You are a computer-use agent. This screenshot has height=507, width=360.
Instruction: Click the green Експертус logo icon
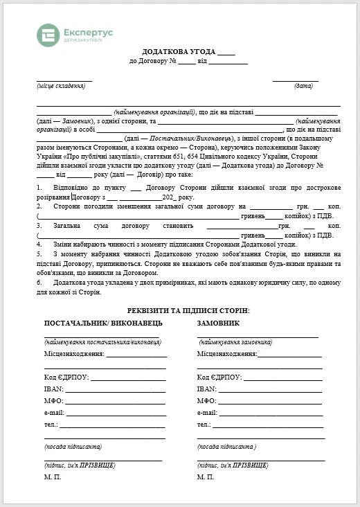[48, 35]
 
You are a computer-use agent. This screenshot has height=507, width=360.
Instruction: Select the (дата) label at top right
[303, 85]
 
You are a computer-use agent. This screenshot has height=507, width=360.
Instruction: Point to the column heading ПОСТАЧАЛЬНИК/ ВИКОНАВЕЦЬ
[103, 323]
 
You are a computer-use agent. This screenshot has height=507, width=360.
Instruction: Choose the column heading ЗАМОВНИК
[219, 323]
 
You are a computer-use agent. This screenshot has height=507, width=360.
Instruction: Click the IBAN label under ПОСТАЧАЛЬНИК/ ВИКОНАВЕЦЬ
[54, 389]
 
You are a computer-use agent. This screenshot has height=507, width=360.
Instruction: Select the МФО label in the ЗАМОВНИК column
[207, 401]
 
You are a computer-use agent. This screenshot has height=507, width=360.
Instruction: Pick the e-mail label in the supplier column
[55, 413]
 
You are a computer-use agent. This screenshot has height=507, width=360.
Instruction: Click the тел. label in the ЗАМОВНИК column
[204, 425]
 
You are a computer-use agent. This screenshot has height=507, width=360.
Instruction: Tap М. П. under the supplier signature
[53, 477]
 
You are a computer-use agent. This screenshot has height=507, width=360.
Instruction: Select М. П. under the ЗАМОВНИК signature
[206, 477]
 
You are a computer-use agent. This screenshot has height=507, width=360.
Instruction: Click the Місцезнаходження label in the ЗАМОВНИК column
[226, 354]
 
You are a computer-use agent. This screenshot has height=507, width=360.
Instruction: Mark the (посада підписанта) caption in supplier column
[73, 447]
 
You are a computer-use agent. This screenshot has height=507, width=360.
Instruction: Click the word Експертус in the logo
[87, 32]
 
